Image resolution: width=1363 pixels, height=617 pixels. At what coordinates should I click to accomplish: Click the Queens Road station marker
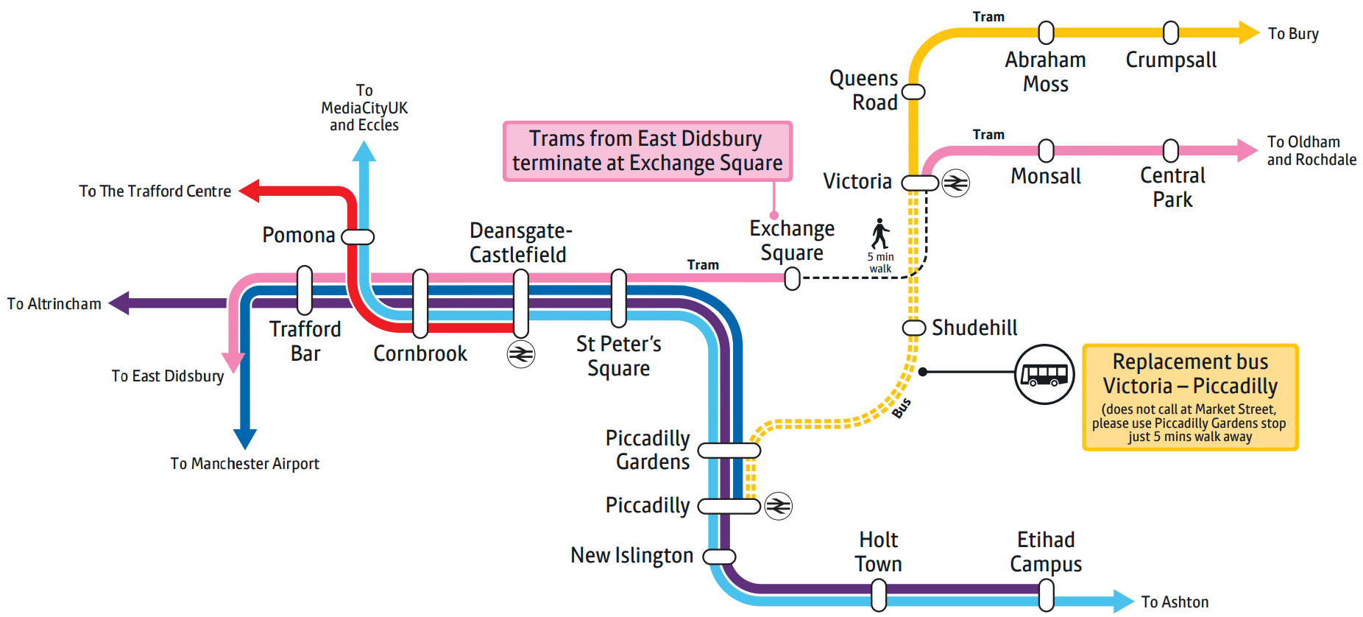pyautogui.click(x=913, y=92)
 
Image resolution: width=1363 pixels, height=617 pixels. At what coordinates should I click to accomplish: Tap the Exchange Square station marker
pyautogui.click(x=792, y=278)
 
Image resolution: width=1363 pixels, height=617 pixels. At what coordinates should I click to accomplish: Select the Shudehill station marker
pyautogui.click(x=913, y=328)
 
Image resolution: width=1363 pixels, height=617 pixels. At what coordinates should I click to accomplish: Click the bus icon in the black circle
pyautogui.click(x=1044, y=374)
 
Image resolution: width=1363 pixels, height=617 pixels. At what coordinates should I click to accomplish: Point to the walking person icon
pyautogui.click(x=880, y=233)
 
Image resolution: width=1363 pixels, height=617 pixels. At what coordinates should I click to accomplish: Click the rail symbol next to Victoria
pyautogui.click(x=956, y=183)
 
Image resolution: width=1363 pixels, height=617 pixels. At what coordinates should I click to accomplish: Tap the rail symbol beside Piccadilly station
pyautogui.click(x=778, y=506)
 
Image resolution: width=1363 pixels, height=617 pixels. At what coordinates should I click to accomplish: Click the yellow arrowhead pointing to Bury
pyautogui.click(x=1248, y=32)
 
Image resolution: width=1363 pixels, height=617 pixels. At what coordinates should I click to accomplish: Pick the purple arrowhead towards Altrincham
pyautogui.click(x=120, y=303)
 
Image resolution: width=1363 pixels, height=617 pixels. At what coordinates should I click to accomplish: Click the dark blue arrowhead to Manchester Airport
pyautogui.click(x=244, y=439)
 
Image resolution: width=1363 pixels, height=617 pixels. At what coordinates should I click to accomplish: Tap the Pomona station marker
pyautogui.click(x=358, y=237)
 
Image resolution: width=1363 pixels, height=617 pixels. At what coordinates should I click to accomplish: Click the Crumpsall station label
pyautogui.click(x=1170, y=60)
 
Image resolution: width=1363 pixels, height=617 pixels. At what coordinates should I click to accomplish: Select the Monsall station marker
pyautogui.click(x=1046, y=150)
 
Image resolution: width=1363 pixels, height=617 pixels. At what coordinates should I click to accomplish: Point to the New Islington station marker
pyautogui.click(x=719, y=557)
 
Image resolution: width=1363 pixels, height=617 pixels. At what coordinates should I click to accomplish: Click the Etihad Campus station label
pyautogui.click(x=1045, y=551)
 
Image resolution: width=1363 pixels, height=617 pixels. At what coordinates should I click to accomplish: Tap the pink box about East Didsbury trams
pyautogui.click(x=647, y=151)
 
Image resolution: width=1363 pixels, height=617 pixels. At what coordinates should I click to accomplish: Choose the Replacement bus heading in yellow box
pyautogui.click(x=1189, y=373)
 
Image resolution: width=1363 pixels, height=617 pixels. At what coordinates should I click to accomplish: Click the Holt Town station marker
pyautogui.click(x=879, y=595)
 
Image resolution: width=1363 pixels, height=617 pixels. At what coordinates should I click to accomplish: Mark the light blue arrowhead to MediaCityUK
pyautogui.click(x=364, y=152)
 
